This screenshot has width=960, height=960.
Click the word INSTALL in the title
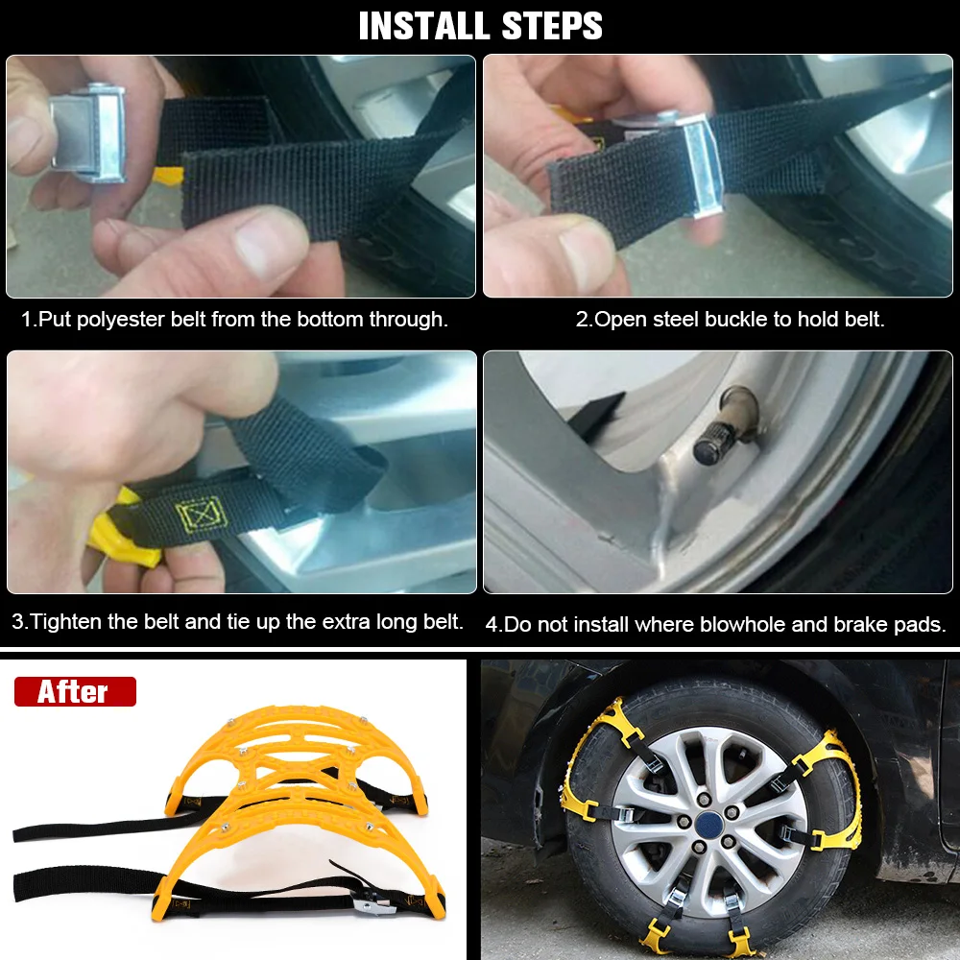tap(423, 26)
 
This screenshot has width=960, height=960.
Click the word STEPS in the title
tap(552, 26)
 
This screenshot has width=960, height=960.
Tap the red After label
tap(75, 691)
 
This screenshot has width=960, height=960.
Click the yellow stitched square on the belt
tap(202, 514)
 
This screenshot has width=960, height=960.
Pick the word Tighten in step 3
tap(66, 621)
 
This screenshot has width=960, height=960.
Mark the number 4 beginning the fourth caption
tap(492, 625)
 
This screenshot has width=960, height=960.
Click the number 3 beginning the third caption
tap(18, 622)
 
